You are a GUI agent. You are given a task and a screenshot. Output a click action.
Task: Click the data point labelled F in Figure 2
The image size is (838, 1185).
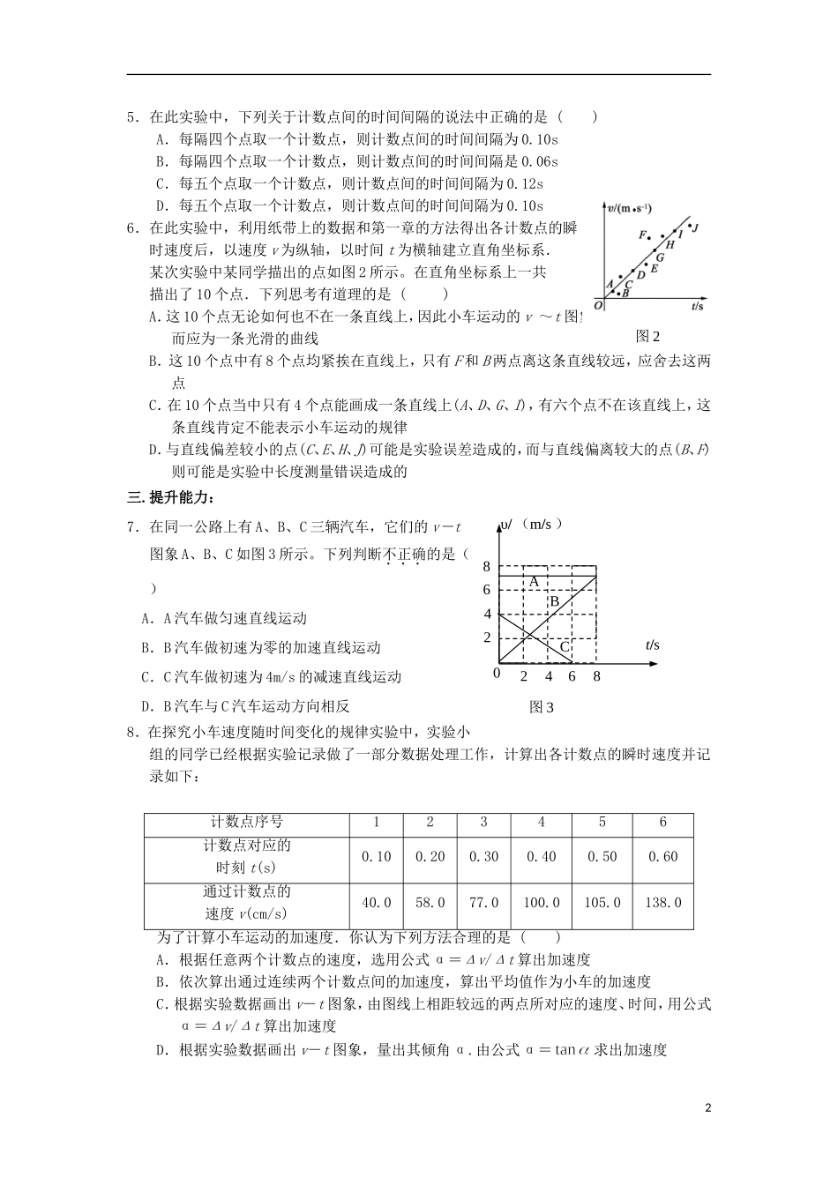[x=649, y=238]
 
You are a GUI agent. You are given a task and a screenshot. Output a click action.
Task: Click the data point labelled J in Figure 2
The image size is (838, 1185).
[x=690, y=226]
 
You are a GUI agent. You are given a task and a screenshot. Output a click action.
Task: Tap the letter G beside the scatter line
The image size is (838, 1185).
[x=660, y=258]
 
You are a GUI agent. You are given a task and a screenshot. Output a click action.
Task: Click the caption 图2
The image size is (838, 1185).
[x=648, y=336]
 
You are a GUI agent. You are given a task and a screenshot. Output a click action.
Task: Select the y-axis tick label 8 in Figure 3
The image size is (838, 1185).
[x=486, y=566]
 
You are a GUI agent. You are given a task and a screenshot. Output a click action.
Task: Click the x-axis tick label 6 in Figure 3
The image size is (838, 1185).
[x=572, y=677]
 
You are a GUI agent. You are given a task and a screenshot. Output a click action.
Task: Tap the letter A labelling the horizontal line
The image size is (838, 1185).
[x=534, y=582]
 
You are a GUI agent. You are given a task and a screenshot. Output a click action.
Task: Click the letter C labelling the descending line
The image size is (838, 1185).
[x=565, y=647]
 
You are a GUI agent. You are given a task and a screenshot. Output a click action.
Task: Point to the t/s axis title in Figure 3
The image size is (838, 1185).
[x=652, y=645]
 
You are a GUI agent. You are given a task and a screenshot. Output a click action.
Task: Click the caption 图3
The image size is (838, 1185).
[x=541, y=707]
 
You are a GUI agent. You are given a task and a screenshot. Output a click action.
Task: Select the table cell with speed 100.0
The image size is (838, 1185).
[x=542, y=903]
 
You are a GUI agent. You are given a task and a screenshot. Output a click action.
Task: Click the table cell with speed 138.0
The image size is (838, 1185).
[x=663, y=903]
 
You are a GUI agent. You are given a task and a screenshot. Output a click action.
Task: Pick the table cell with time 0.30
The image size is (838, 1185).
[x=483, y=857]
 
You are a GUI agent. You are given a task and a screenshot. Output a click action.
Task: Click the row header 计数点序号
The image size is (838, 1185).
[x=247, y=822]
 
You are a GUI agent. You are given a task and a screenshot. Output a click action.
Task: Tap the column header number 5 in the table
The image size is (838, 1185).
[x=602, y=822]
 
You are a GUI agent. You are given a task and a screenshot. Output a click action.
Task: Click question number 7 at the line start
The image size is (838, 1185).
[x=131, y=527]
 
